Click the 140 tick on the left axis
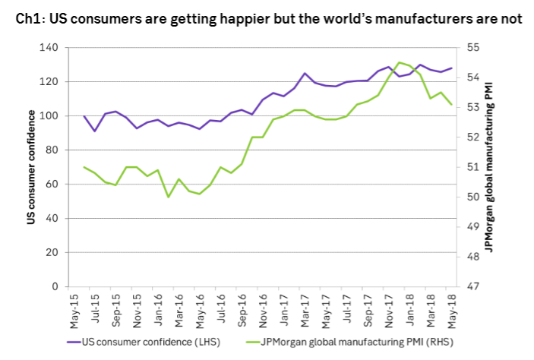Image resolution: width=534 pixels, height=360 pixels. pos(49,48)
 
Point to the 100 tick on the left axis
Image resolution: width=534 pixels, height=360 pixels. pos(49,116)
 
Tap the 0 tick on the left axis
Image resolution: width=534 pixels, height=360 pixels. pos(55,287)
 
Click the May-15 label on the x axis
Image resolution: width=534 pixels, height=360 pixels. pos(74,308)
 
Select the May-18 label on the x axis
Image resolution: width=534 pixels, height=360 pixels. pos(452,308)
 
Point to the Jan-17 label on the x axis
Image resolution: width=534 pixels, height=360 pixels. pos(283,308)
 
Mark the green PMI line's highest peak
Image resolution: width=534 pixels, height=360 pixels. pos(400,62)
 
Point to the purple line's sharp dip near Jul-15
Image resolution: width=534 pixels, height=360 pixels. pos(95,131)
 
